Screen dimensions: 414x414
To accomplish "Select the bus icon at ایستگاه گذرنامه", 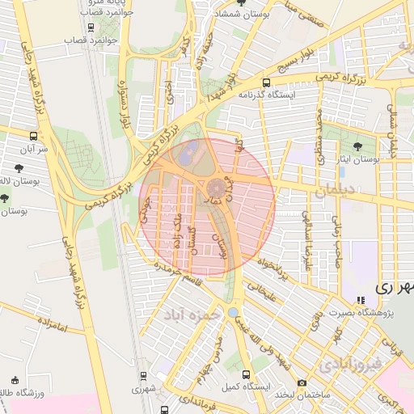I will pos(266,82).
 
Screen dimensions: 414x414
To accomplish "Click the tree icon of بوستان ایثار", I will pos(357,146).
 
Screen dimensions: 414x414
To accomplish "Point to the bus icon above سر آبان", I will pos(33,136).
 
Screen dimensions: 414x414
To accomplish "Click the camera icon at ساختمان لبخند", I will pos(302,382).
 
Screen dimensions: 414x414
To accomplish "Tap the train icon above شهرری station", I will pos(143,375).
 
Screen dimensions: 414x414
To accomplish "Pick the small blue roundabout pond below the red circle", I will pos(234,311).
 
